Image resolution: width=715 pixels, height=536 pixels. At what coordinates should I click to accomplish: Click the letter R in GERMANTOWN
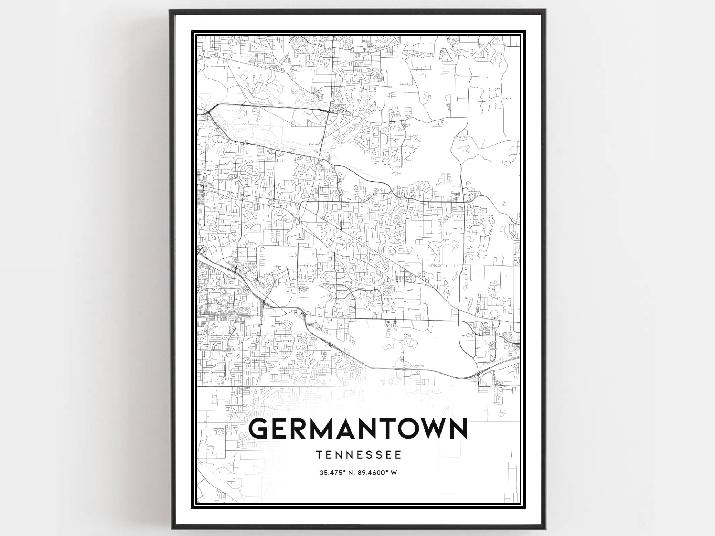[x=302, y=428]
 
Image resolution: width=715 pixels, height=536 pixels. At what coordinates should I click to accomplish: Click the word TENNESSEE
[x=358, y=455]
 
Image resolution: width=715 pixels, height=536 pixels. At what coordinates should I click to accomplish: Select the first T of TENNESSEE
[x=318, y=455]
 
